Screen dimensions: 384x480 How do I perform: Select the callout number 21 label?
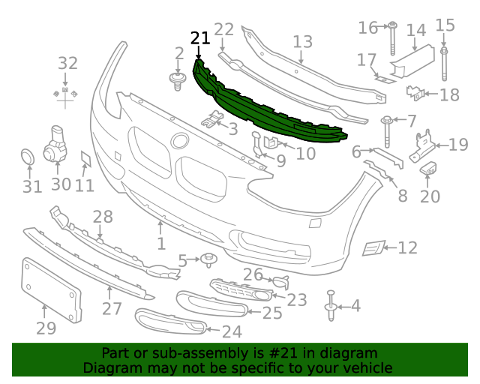coord(200,38)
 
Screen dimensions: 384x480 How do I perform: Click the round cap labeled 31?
coord(28,158)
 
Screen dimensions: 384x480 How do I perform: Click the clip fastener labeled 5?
coord(208,261)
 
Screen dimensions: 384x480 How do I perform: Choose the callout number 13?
coord(302,41)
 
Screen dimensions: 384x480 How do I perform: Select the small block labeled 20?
coord(430,168)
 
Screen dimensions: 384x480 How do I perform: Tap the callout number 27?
coord(112,309)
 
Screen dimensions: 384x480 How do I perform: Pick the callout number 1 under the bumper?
coord(160,244)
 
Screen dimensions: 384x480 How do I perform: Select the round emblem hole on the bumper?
coord(179,140)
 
